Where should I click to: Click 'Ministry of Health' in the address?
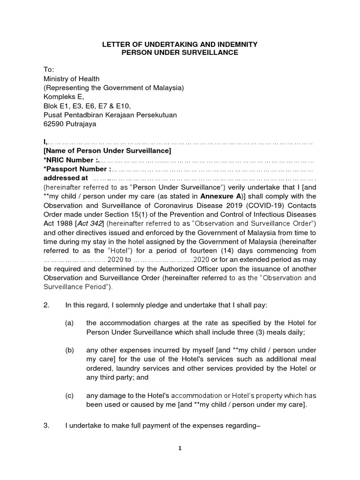click(x=71, y=79)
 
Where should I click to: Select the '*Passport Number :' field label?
click(x=77, y=169)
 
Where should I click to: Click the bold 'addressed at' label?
click(x=66, y=178)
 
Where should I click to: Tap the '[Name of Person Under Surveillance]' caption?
click(x=107, y=151)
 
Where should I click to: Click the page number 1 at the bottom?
click(x=180, y=448)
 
